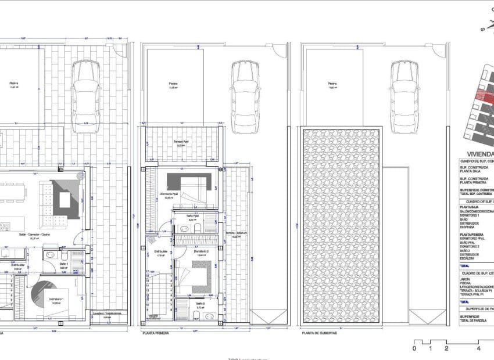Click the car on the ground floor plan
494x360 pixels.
(x=86, y=89)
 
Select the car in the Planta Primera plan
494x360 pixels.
(x=244, y=89)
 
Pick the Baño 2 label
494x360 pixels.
(x=200, y=303)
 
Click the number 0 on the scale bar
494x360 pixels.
(x=414, y=349)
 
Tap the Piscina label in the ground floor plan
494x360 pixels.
(x=13, y=82)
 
